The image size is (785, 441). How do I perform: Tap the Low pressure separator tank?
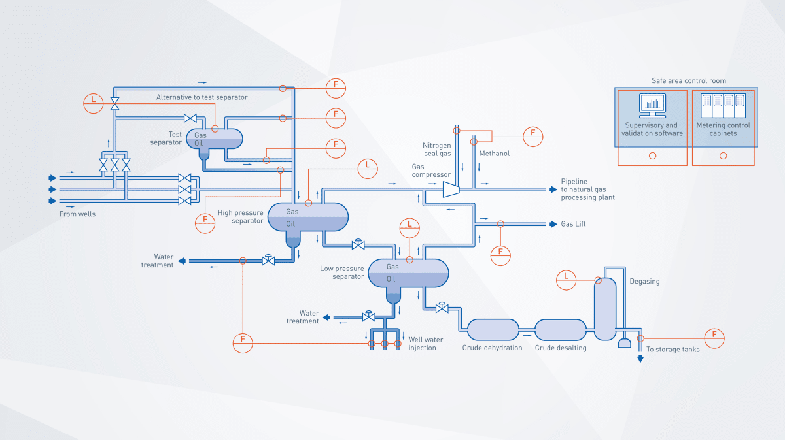click(x=409, y=273)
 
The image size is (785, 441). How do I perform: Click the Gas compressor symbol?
click(x=451, y=189)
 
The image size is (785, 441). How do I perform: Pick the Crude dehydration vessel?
click(x=493, y=329)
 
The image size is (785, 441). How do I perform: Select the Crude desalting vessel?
click(x=561, y=329)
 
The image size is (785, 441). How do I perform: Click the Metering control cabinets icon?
click(x=723, y=105)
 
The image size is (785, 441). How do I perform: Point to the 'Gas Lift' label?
click(x=573, y=224)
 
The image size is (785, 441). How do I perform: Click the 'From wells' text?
click(x=77, y=214)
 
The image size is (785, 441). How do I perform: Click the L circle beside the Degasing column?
click(x=566, y=279)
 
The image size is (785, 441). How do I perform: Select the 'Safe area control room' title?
click(x=688, y=81)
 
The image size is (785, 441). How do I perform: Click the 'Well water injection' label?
click(x=425, y=344)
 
